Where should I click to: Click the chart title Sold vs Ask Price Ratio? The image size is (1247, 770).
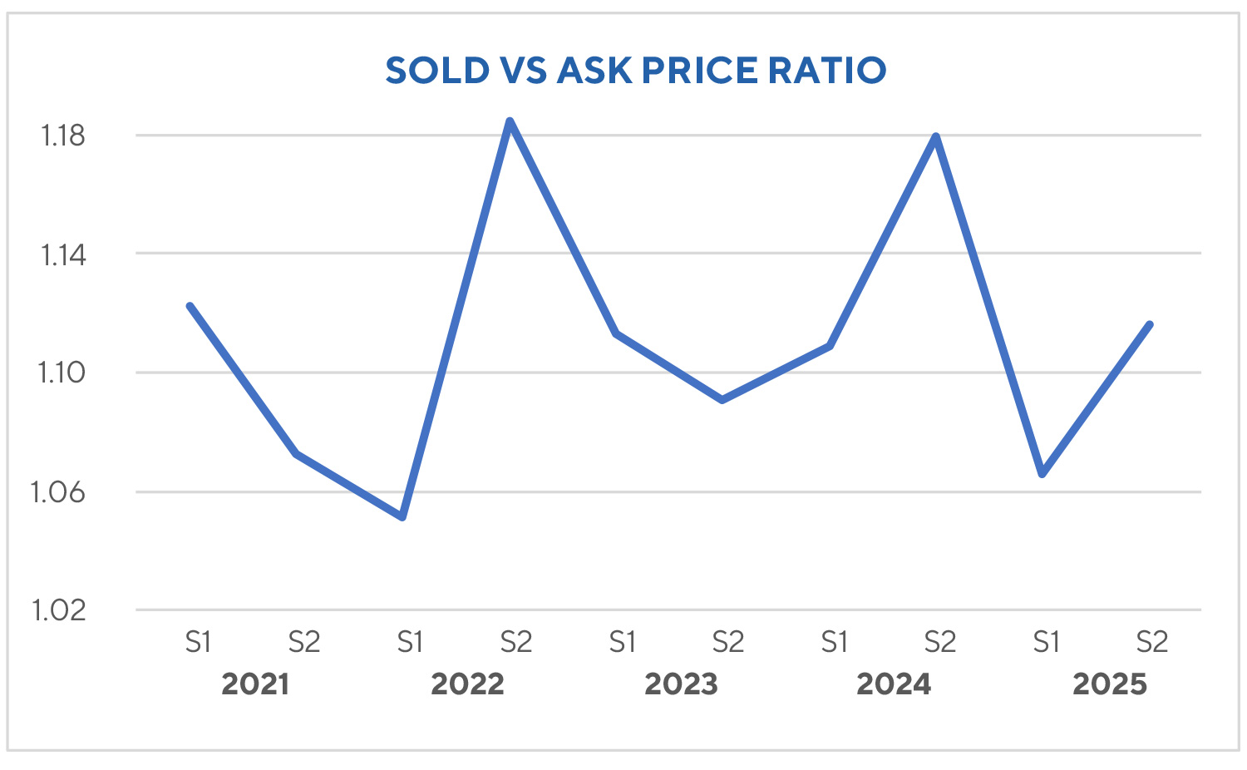[x=636, y=71]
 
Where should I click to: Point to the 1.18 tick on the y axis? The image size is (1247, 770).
[x=63, y=136]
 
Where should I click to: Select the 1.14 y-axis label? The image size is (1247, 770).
[x=63, y=254]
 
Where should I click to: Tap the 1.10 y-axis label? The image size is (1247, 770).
[x=62, y=373]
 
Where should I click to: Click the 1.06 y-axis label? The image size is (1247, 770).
[x=58, y=492]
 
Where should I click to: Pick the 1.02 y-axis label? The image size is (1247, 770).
[x=58, y=610]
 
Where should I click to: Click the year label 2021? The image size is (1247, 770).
[x=255, y=684]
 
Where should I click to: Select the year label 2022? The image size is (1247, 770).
[x=467, y=684]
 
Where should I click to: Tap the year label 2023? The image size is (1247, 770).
[x=681, y=684]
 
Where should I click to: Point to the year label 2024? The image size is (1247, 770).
[x=894, y=684]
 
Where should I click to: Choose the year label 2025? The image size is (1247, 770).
[x=1109, y=684]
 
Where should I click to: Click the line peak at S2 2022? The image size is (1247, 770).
[x=510, y=121]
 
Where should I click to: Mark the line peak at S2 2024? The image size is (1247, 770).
[x=936, y=136]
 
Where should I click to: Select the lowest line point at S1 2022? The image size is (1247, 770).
[x=403, y=517]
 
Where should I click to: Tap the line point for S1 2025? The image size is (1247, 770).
[x=1042, y=474]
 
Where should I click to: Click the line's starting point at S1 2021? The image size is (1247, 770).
[x=190, y=306]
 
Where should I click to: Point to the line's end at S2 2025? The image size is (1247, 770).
[x=1150, y=324]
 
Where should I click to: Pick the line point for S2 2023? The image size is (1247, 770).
[x=722, y=400]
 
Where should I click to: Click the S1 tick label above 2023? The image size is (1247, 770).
[x=622, y=642]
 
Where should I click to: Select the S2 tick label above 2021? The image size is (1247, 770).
[x=304, y=642]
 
